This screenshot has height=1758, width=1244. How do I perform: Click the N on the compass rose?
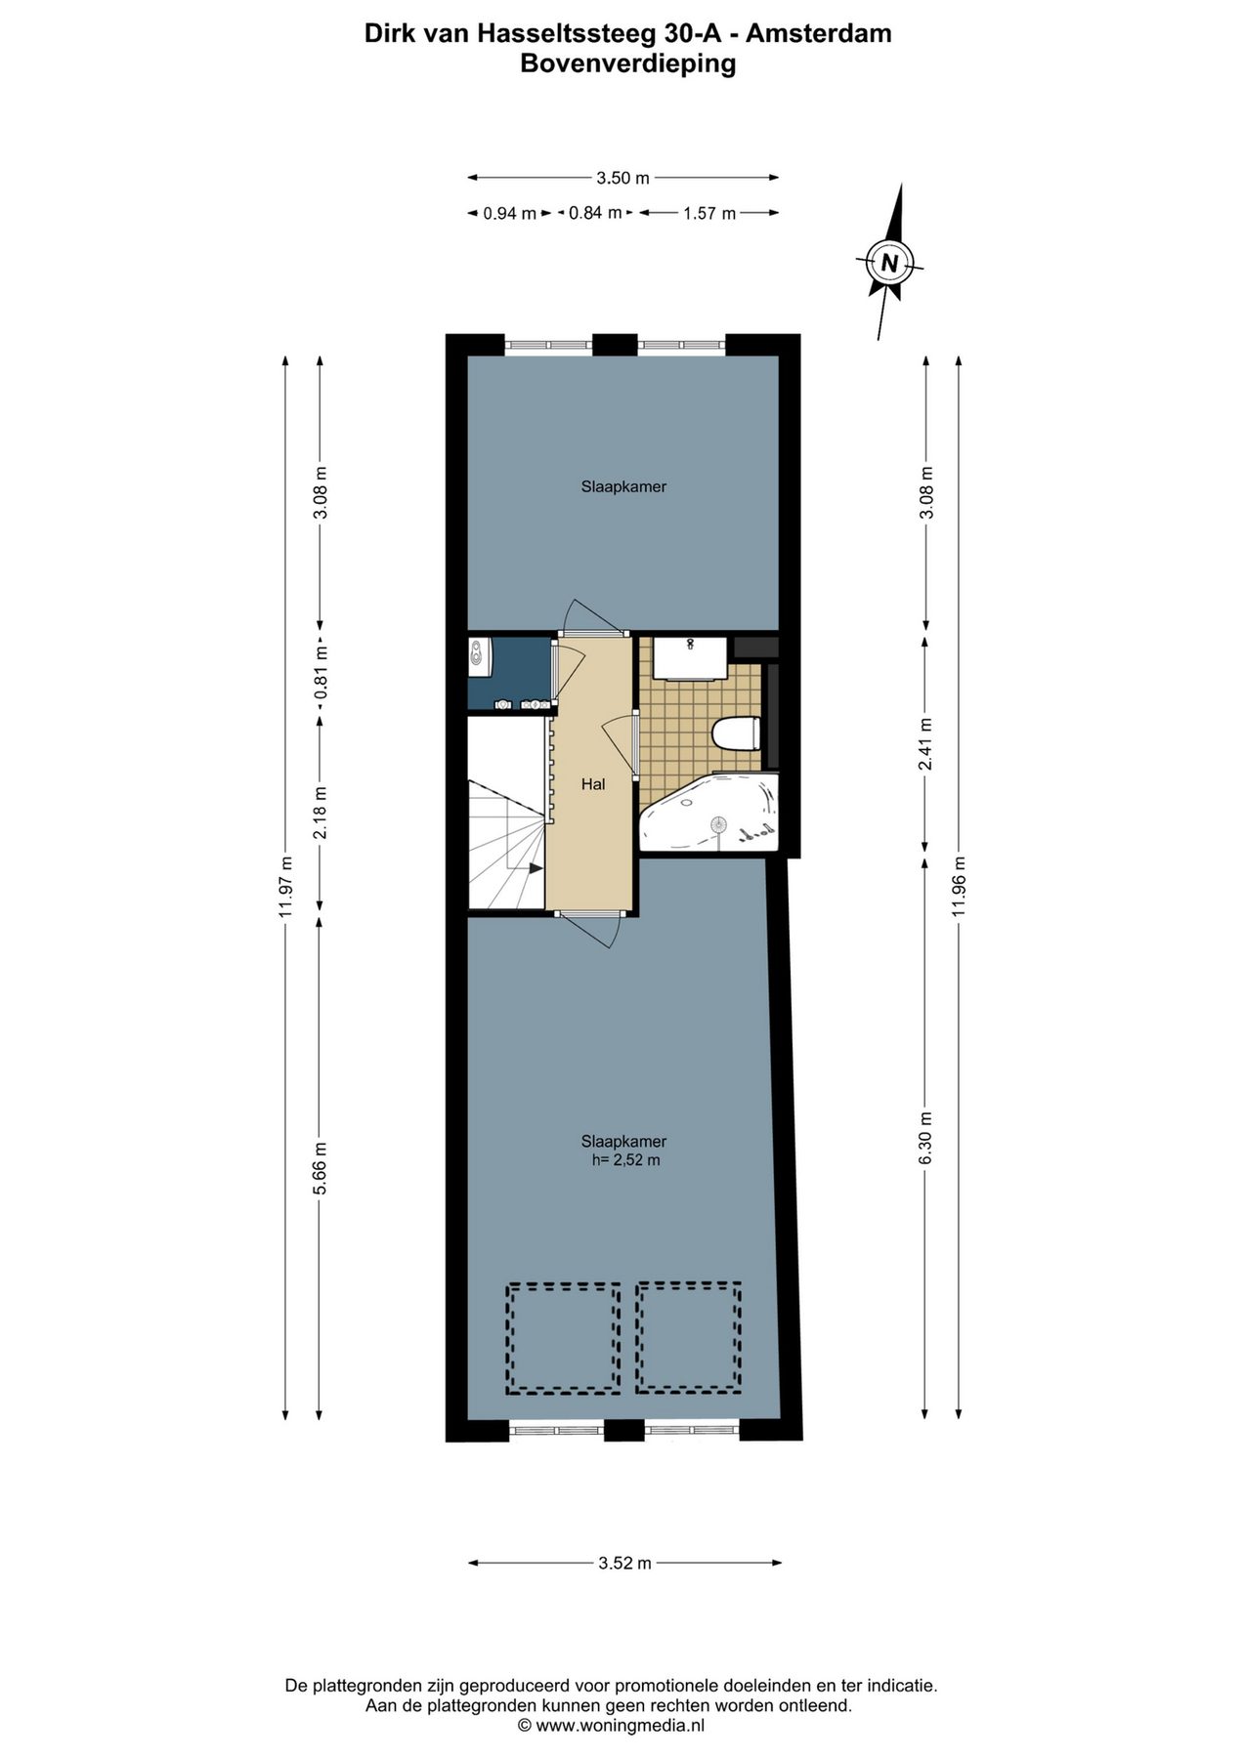[889, 263]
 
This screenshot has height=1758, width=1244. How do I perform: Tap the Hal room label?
[593, 783]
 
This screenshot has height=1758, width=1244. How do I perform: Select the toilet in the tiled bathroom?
[737, 732]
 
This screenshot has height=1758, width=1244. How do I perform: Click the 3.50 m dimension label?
[623, 178]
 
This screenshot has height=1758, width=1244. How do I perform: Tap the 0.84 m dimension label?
[596, 212]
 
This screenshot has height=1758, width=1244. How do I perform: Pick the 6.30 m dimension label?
[925, 1138]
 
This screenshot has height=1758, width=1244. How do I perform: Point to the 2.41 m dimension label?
[925, 744]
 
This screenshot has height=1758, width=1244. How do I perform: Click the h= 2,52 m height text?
[626, 1160]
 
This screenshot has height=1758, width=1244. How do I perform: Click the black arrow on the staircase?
[535, 867]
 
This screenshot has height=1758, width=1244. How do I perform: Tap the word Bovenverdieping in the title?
[627, 64]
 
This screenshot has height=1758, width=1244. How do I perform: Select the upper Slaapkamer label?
[623, 486]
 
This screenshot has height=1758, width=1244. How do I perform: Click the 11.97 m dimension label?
[285, 887]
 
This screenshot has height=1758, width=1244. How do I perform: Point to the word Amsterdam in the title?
[818, 33]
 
